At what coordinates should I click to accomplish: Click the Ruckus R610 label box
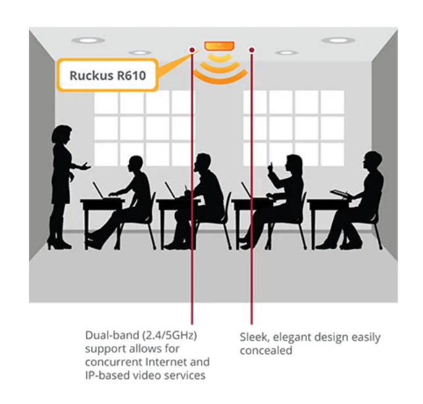click(108, 76)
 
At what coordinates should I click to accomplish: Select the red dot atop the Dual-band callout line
click(191, 49)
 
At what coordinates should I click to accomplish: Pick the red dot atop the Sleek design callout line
click(251, 49)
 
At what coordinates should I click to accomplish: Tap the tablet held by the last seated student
click(339, 192)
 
